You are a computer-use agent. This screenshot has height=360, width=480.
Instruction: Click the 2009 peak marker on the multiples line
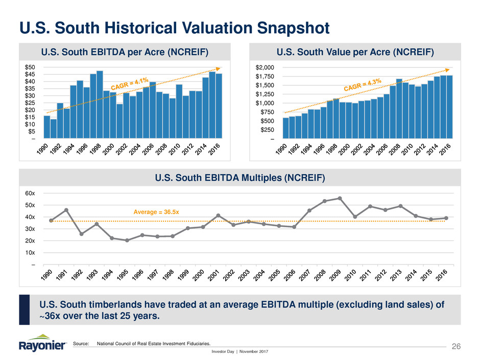point(340,198)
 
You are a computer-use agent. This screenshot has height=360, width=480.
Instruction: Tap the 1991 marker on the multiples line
point(66,210)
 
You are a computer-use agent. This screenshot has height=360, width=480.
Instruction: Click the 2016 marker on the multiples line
point(446,218)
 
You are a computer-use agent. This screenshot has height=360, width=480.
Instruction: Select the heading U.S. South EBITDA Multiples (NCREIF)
point(239,177)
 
